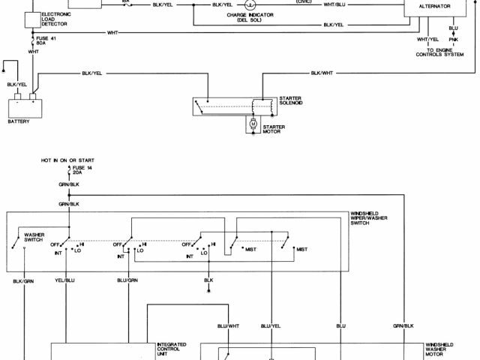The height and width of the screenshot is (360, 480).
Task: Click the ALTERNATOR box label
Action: (436, 6)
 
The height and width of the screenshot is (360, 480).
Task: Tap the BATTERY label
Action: (19, 121)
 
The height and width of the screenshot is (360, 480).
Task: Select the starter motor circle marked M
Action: (253, 122)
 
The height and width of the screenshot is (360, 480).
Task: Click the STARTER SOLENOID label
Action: (291, 100)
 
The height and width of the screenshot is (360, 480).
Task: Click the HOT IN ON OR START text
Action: (68, 160)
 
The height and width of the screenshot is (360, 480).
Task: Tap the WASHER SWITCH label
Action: (35, 237)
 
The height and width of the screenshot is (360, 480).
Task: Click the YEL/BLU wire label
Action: (65, 280)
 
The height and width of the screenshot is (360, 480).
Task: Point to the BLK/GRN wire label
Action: (23, 280)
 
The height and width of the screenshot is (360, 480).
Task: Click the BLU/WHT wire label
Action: (228, 325)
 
